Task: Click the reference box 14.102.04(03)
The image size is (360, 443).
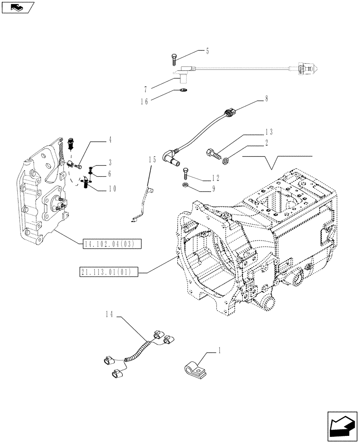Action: (x=111, y=243)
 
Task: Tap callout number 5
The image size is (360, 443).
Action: (x=207, y=51)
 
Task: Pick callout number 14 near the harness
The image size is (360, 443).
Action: (x=110, y=314)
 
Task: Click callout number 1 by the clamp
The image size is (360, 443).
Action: (x=219, y=350)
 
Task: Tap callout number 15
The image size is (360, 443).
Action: (x=153, y=159)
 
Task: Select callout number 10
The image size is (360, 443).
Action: (x=112, y=188)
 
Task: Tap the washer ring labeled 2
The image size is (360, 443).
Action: (x=226, y=159)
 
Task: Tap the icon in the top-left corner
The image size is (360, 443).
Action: (x=18, y=7)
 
